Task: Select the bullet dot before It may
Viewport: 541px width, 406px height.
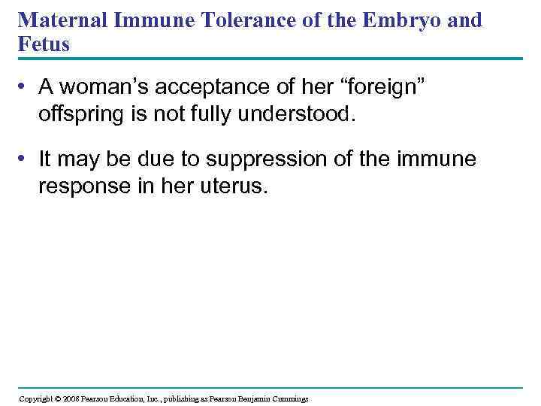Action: (x=25, y=159)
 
